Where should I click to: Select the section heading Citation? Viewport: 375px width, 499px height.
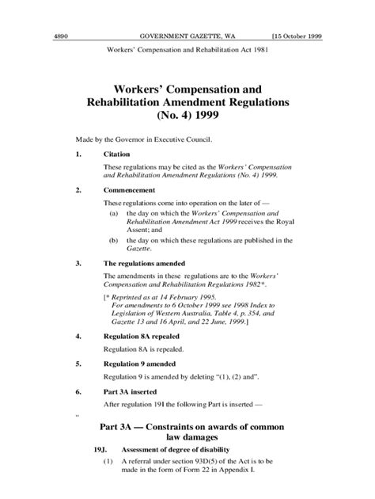coord(118,154)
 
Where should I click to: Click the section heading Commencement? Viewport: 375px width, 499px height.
coord(130,191)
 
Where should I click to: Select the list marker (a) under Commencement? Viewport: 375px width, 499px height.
coord(113,214)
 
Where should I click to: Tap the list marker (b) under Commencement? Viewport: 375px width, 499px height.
coord(113,239)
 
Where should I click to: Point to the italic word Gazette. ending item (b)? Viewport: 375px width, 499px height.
coord(134,248)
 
